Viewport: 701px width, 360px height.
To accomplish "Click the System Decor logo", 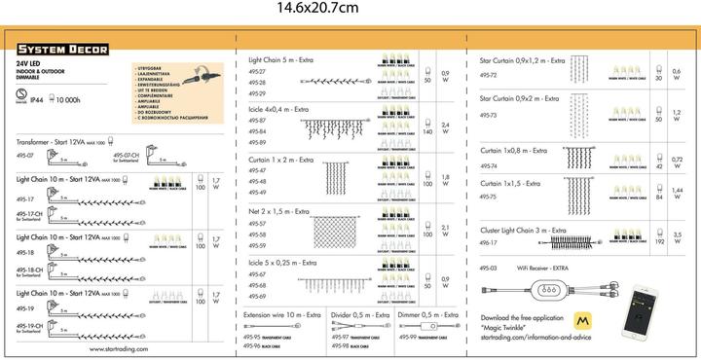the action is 62,49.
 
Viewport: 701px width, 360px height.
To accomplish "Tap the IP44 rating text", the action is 37,99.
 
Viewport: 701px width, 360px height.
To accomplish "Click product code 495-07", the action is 24,156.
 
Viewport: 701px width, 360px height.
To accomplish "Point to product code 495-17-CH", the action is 28,214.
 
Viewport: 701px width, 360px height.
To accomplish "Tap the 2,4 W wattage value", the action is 446,126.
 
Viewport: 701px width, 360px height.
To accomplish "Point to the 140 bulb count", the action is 427,131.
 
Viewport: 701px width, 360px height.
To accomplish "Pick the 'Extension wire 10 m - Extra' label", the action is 282,315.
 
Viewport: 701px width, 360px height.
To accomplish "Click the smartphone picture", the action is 646,310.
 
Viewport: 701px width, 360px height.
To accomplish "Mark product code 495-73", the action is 489,115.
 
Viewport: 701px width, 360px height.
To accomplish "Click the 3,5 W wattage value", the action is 678,236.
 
